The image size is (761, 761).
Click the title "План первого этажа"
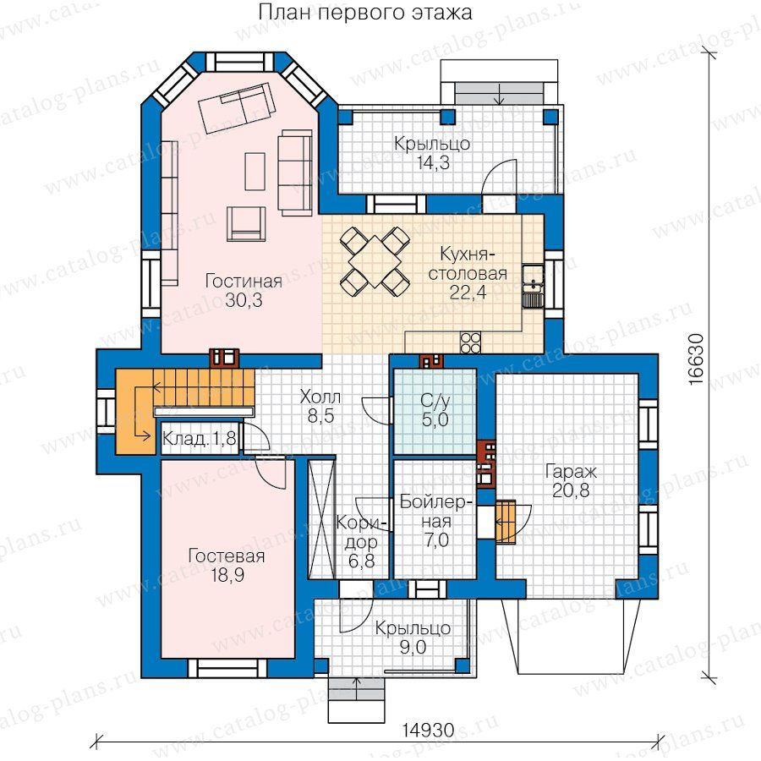pyautogui.click(x=364, y=13)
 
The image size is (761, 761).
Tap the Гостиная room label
pyautogui.click(x=244, y=282)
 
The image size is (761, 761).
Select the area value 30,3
pyautogui.click(x=244, y=300)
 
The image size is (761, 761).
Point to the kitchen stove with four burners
pyautogui.click(x=470, y=342)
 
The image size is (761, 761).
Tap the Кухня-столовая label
pyautogui.click(x=467, y=264)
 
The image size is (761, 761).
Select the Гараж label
pyautogui.click(x=571, y=471)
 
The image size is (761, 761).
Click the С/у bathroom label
pyautogui.click(x=435, y=401)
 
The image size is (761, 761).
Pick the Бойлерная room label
pyautogui.click(x=435, y=512)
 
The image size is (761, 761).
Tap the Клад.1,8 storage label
pyautogui.click(x=199, y=439)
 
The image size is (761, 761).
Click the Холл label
pyautogui.click(x=320, y=397)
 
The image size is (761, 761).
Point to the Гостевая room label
pyautogui.click(x=227, y=556)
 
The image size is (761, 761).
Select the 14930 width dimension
pyautogui.click(x=428, y=730)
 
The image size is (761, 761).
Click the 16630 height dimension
pyautogui.click(x=696, y=359)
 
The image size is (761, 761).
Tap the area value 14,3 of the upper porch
pyautogui.click(x=433, y=163)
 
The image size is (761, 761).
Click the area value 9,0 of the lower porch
pyautogui.click(x=413, y=647)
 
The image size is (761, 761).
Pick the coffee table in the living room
pyautogui.click(x=255, y=172)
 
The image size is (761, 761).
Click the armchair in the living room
pyautogui.click(x=246, y=224)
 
